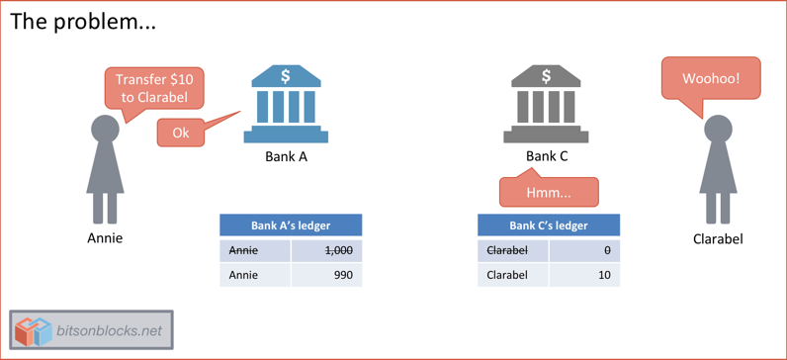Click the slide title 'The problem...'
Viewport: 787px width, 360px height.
coord(83,22)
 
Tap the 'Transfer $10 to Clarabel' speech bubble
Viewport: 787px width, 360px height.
coord(154,88)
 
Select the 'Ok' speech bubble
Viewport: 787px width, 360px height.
coord(180,133)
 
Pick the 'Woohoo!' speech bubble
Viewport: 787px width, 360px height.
coord(710,77)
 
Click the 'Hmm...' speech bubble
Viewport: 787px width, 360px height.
coord(549,192)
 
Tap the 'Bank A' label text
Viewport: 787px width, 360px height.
coord(286,156)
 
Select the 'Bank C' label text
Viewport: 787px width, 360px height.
coord(547,156)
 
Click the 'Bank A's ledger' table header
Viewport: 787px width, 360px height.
coord(291,225)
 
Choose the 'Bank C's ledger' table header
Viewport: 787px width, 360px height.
coord(549,225)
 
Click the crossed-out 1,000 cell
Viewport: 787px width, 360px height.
coord(326,250)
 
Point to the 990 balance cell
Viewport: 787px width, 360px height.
coord(326,274)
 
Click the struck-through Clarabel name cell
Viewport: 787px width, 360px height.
coord(512,250)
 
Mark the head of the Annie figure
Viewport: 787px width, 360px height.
coord(105,130)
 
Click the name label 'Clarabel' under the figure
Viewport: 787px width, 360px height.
coord(718,238)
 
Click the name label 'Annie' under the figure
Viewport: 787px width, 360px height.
coord(105,237)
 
